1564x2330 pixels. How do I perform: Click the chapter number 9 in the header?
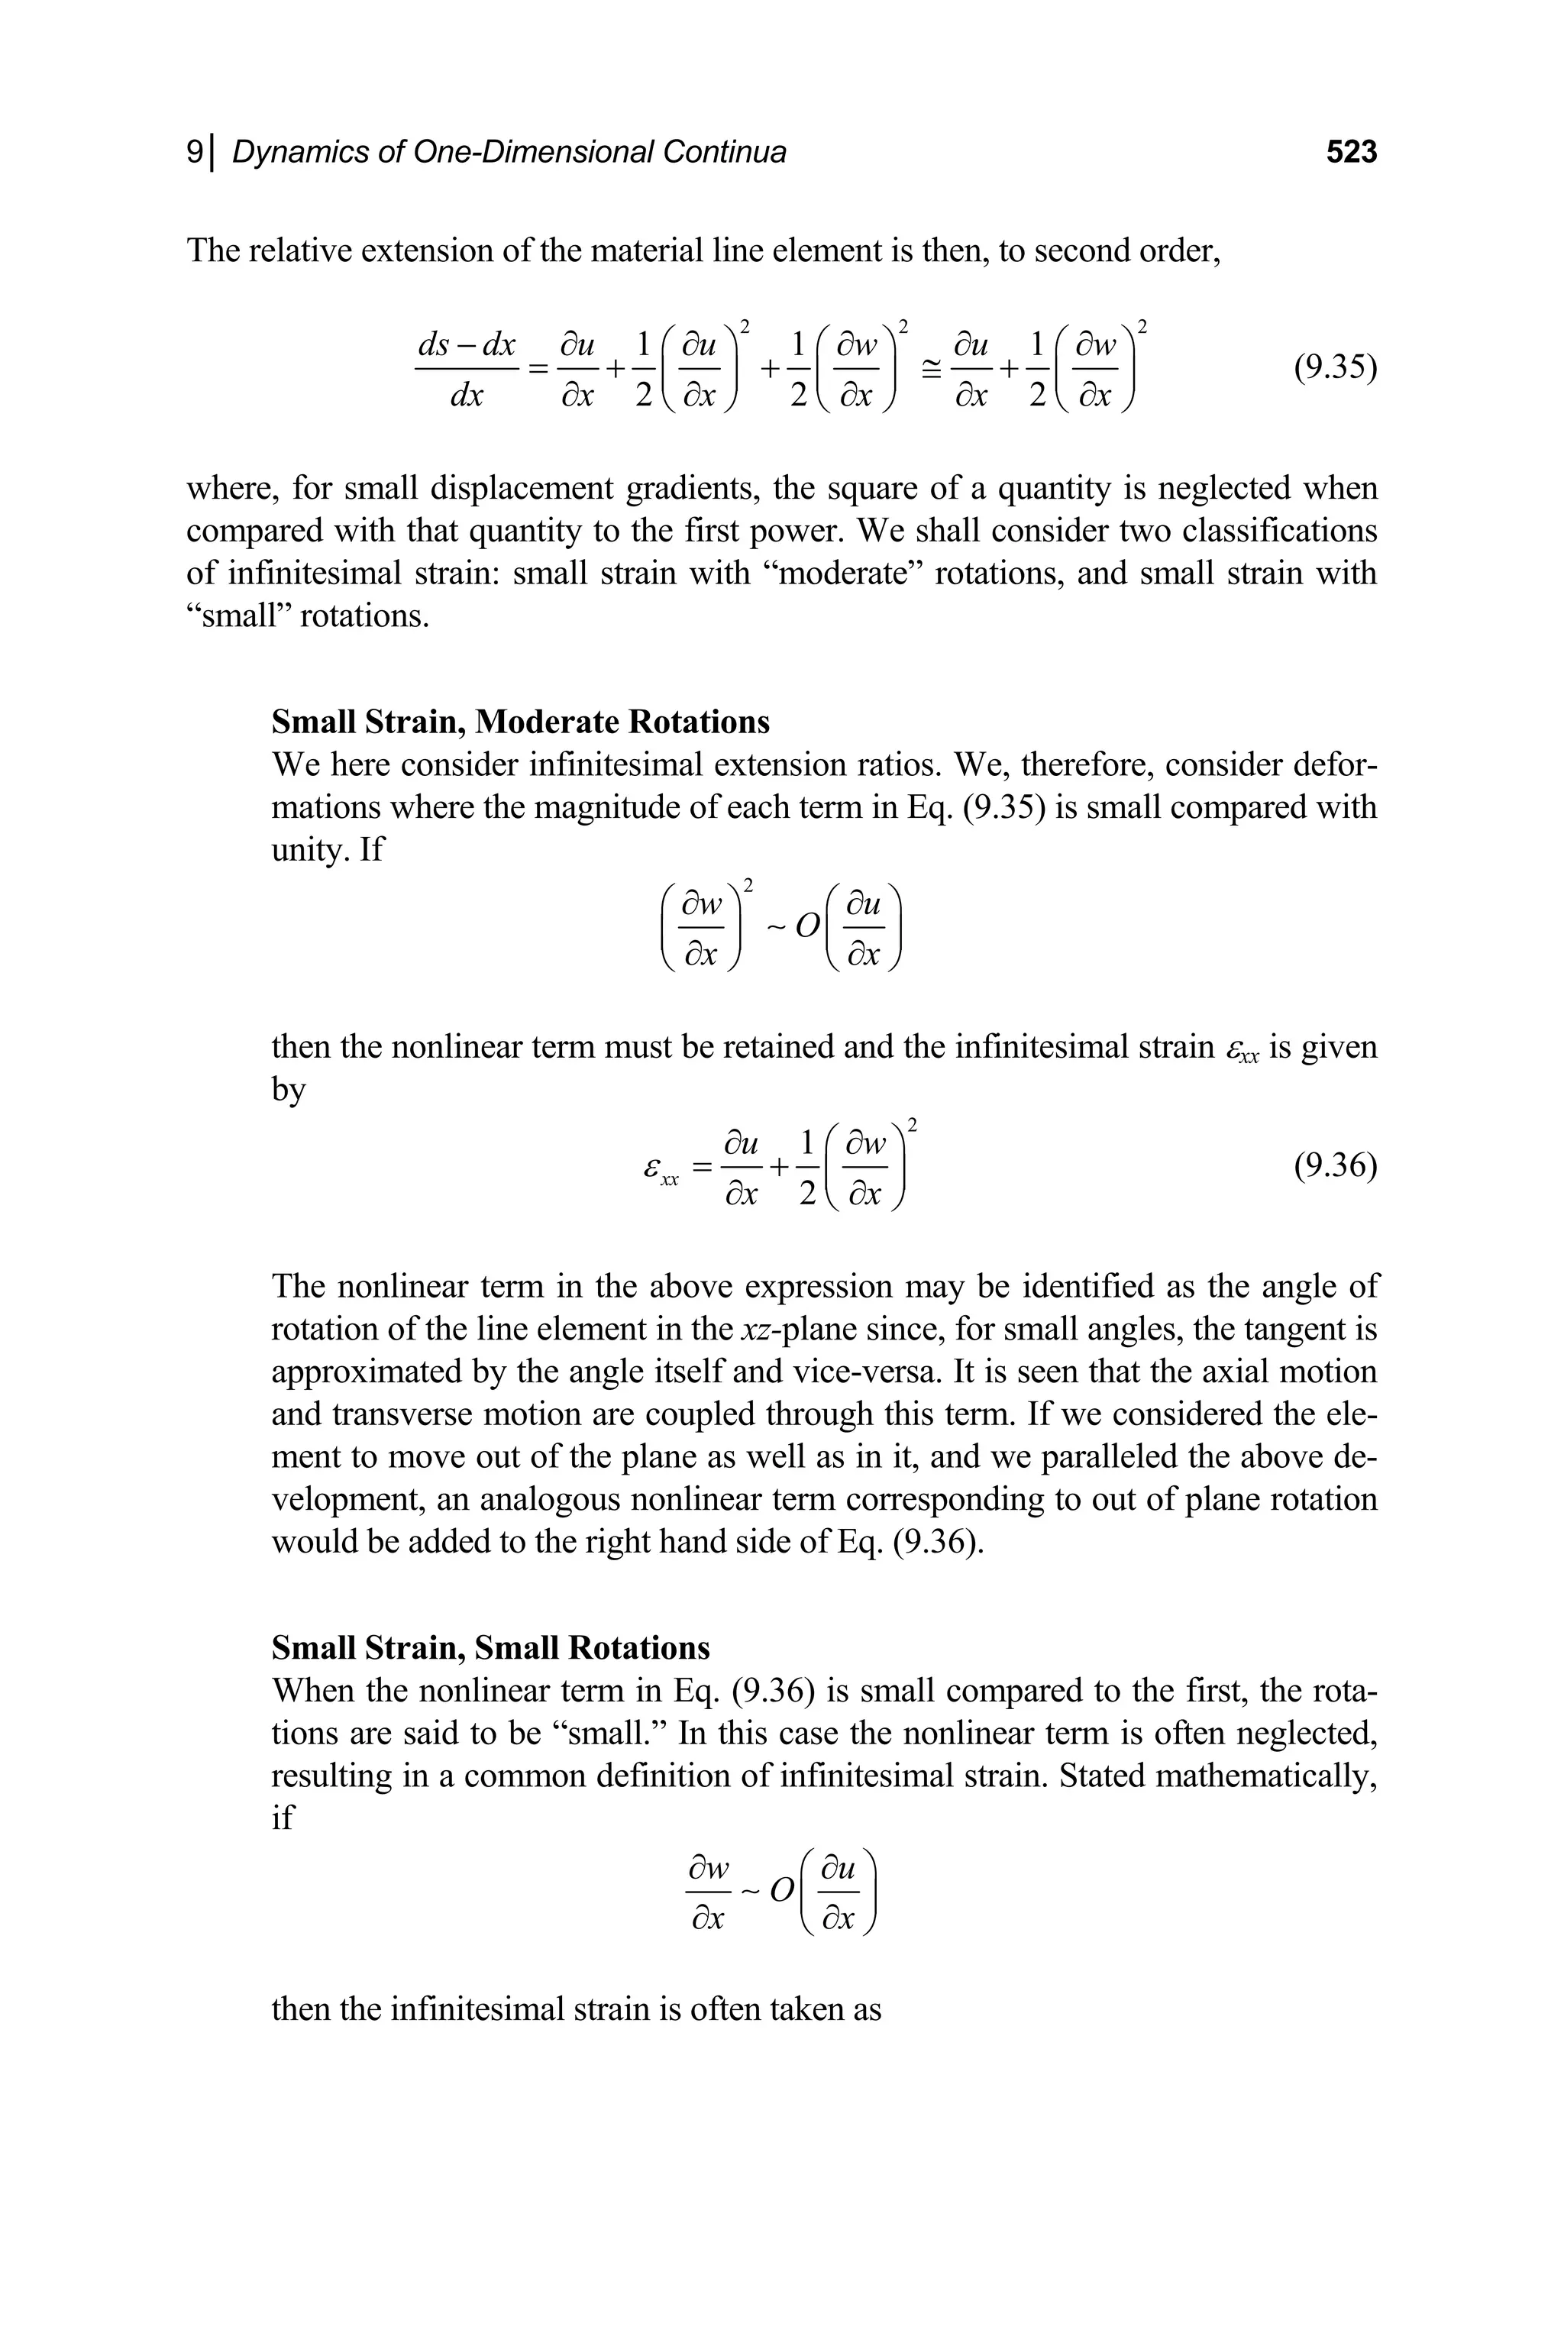pos(195,153)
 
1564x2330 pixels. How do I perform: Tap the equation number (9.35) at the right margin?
pos(1335,368)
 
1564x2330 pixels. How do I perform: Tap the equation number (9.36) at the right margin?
pos(1335,1165)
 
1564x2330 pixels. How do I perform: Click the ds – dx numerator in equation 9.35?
pos(466,346)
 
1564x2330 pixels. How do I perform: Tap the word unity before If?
pos(306,851)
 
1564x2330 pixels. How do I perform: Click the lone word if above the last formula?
pos(283,1818)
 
